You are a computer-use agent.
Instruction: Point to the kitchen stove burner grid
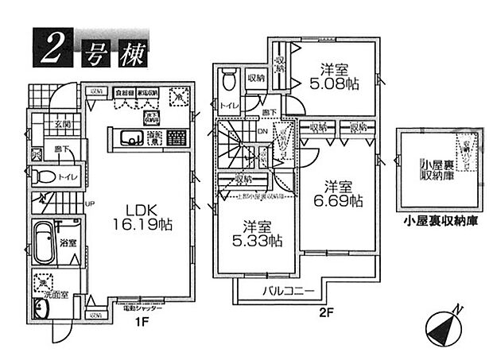pos(178,139)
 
